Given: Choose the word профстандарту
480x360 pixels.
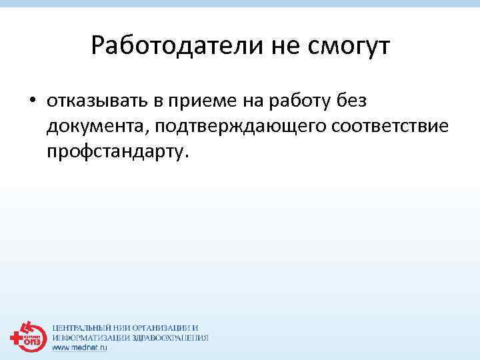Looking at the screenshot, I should pyautogui.click(x=117, y=151).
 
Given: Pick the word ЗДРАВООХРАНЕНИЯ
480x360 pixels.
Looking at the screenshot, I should pyautogui.click(x=167, y=338).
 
